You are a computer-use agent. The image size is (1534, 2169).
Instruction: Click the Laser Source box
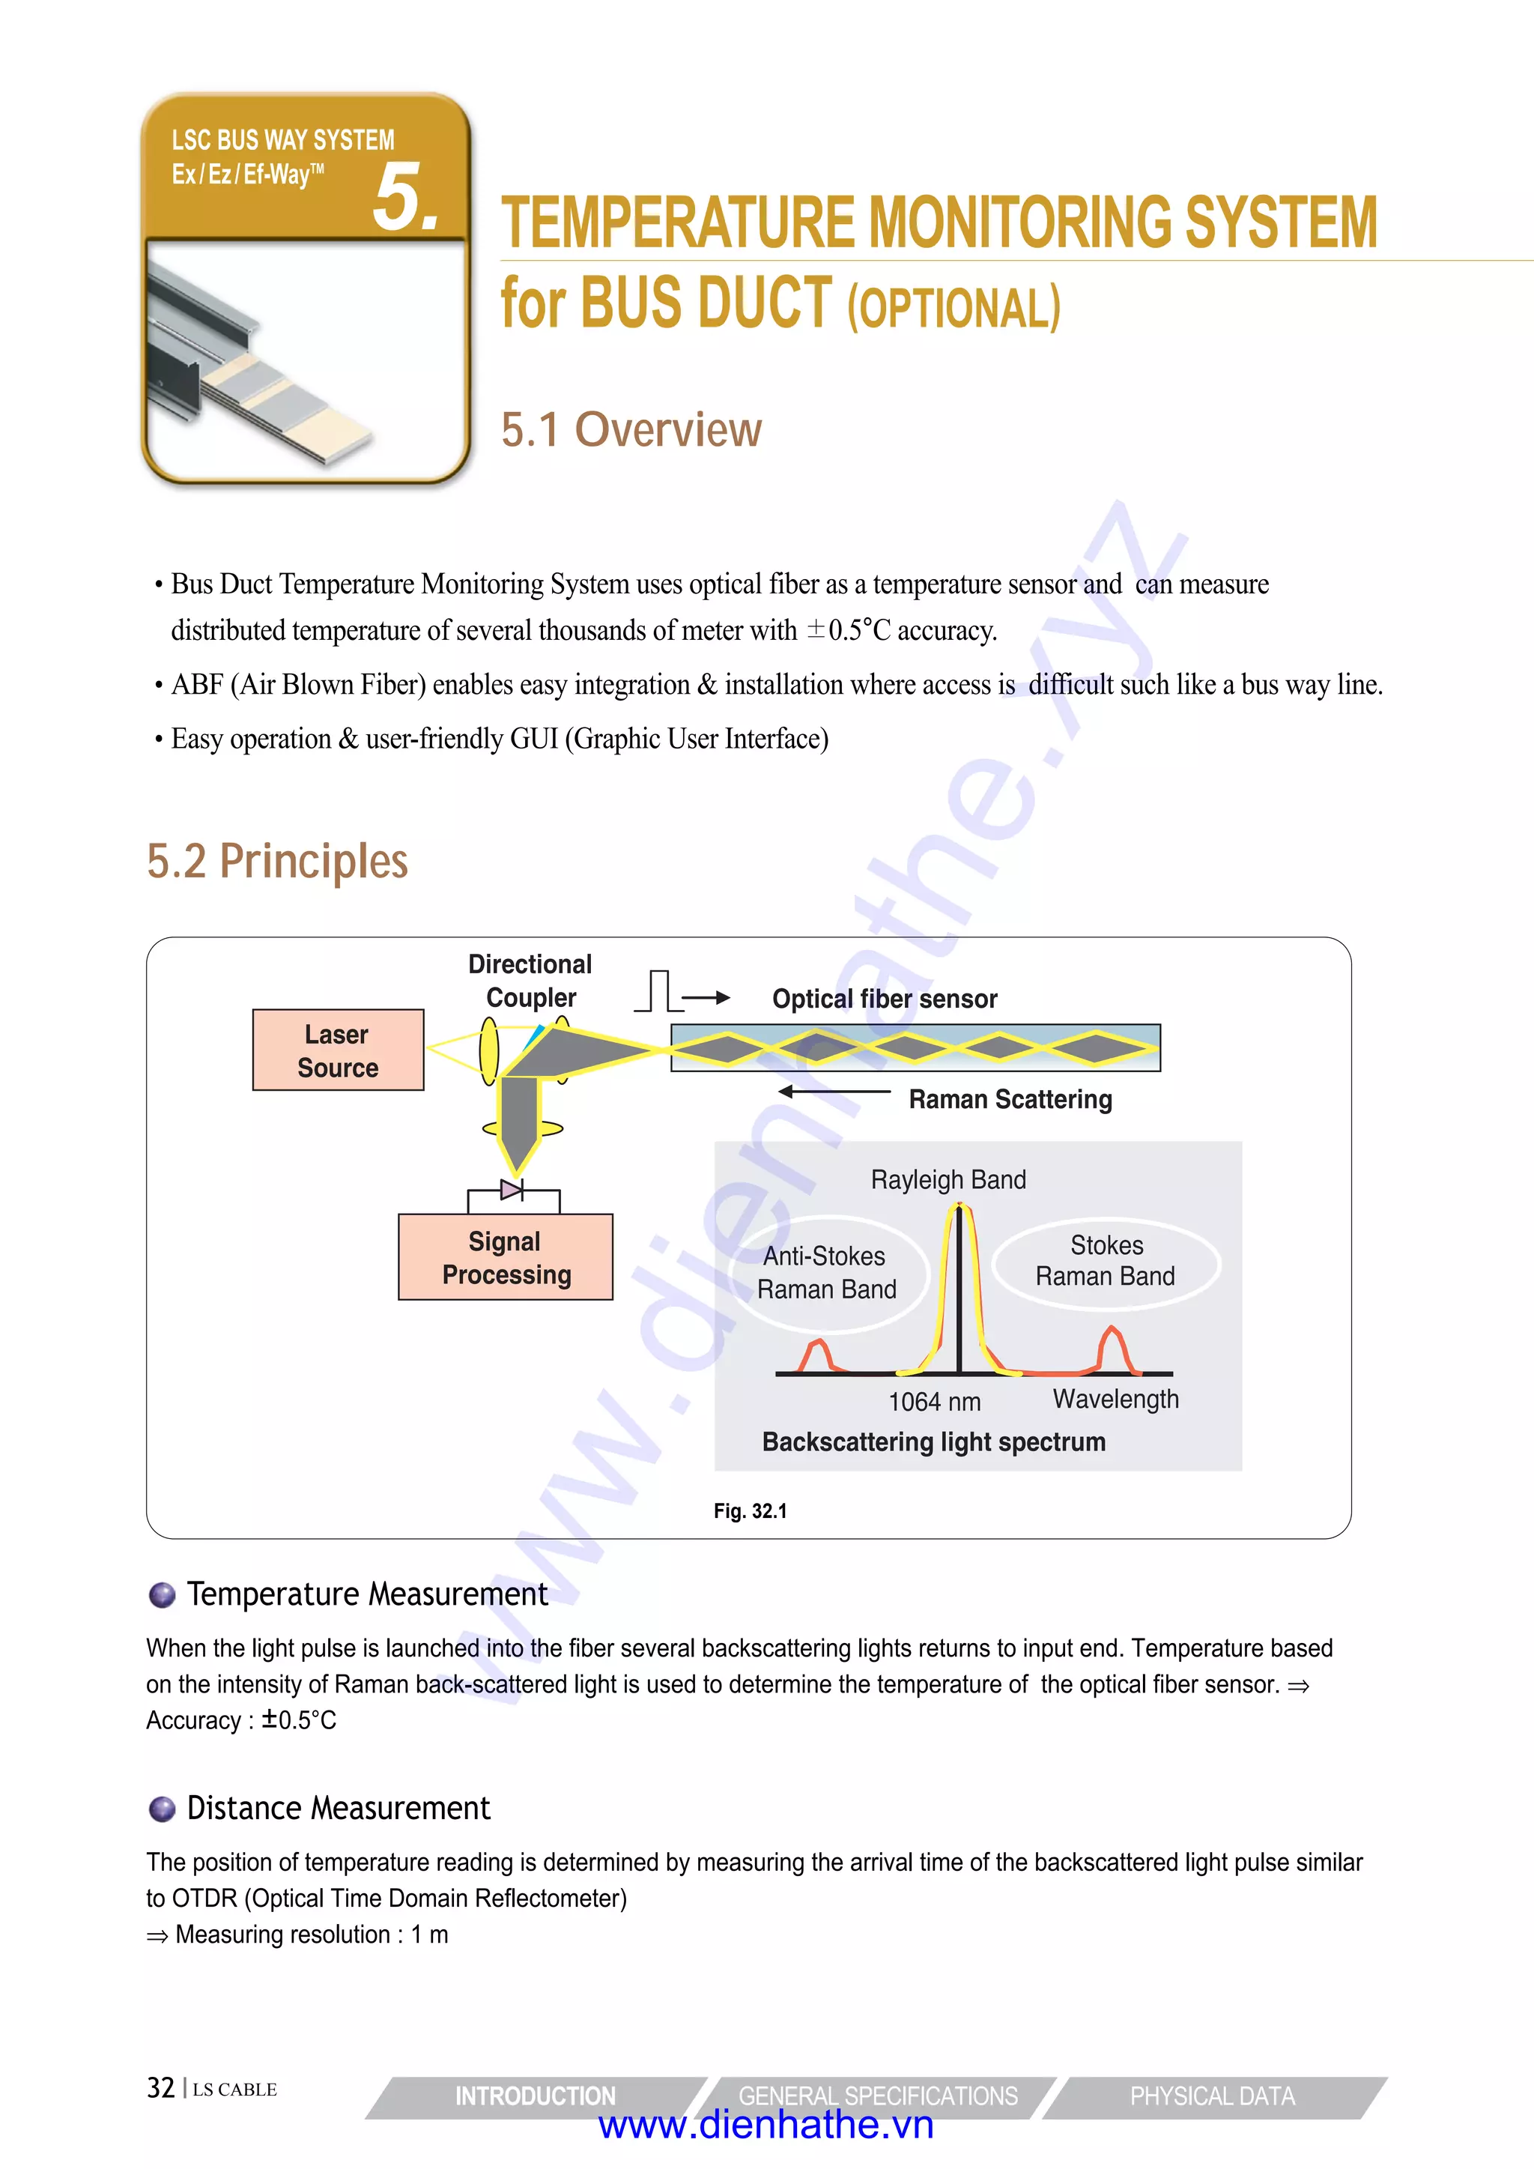point(338,1050)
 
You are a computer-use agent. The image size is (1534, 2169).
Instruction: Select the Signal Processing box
point(506,1257)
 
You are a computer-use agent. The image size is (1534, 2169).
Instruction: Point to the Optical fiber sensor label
point(884,999)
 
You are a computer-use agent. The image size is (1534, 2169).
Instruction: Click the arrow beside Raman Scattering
point(833,1092)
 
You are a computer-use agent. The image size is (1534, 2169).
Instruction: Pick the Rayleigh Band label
point(948,1179)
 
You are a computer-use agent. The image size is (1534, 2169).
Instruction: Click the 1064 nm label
point(934,1402)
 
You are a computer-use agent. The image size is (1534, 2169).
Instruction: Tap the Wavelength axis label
point(1115,1399)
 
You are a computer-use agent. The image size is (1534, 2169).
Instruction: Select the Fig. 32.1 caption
point(750,1510)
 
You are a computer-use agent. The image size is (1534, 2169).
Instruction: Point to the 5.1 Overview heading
point(631,430)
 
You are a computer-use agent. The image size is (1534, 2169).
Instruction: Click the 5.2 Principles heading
point(278,861)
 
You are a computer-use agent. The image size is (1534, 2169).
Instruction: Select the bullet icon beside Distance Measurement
point(163,1809)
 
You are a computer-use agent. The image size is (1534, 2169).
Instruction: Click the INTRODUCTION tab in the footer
point(535,2096)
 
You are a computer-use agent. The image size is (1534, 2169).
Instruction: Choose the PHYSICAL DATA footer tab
point(1212,2096)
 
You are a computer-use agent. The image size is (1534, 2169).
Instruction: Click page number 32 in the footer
point(160,2088)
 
